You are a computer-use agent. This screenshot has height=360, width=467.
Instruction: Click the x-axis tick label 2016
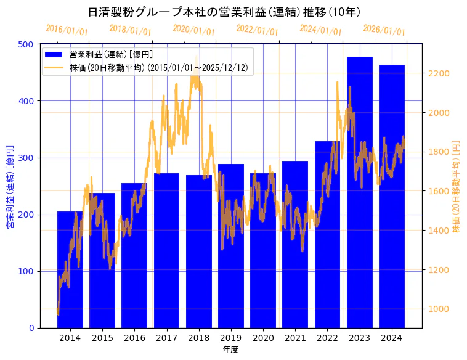click(134, 338)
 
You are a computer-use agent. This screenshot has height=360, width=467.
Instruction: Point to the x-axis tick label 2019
click(231, 338)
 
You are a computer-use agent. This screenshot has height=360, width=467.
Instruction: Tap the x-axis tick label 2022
click(327, 338)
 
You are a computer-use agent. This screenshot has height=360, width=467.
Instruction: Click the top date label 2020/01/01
click(194, 30)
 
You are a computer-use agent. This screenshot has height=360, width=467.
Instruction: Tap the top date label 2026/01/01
click(384, 30)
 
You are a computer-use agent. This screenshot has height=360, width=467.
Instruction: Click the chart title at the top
click(224, 12)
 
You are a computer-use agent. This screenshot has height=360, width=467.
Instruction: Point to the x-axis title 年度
click(230, 350)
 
